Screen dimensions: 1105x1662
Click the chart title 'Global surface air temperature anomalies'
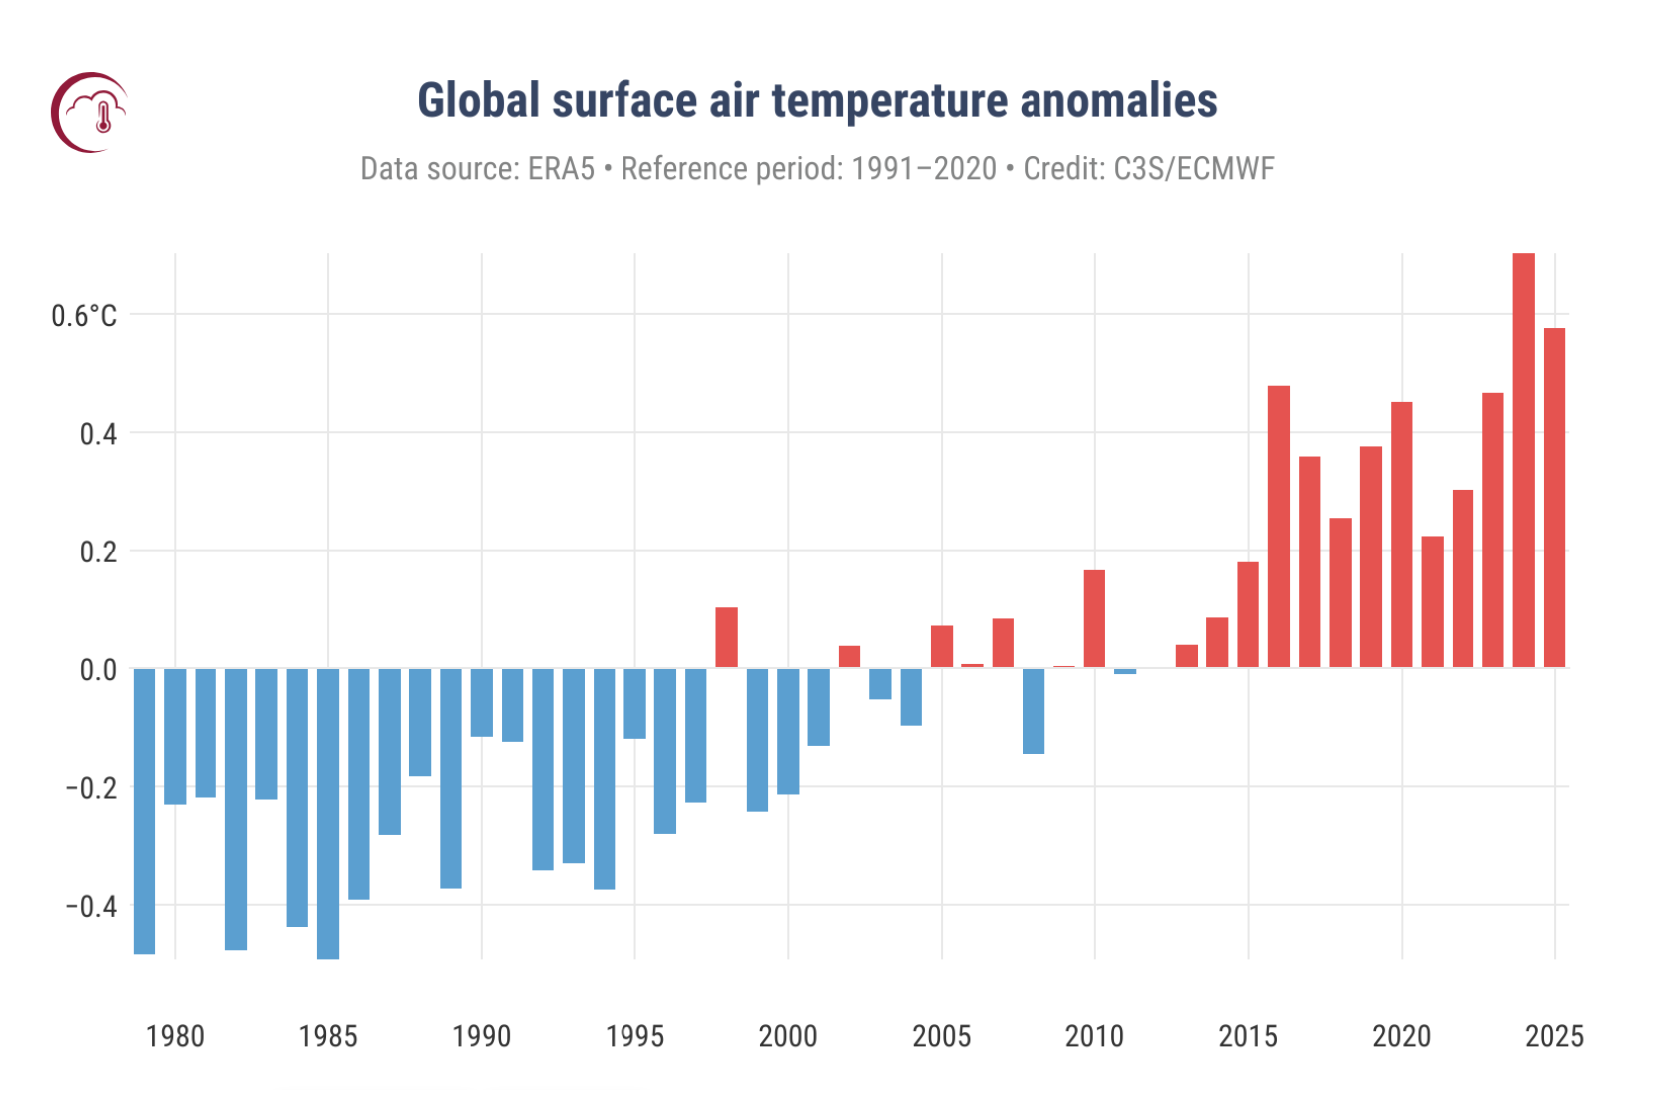817,101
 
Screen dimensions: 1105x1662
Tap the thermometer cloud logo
90,112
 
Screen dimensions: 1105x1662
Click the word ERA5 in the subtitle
561,169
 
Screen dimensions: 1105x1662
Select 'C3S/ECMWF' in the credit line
1193,169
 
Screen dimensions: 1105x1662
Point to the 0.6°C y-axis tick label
84,316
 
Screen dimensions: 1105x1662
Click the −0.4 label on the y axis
91,906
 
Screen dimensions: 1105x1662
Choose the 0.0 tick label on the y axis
98,670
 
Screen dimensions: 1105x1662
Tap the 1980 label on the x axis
175,1037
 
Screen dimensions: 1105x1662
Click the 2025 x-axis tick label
1554,1037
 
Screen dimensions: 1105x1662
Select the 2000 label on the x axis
788,1037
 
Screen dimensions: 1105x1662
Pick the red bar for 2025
1554,498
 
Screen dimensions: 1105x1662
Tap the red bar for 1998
726,637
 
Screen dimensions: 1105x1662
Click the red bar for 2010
1094,618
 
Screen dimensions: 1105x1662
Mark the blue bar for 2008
1034,711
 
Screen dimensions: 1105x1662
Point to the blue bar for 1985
328,814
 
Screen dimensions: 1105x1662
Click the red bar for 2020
1401,535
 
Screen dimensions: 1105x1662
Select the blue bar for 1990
482,703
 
